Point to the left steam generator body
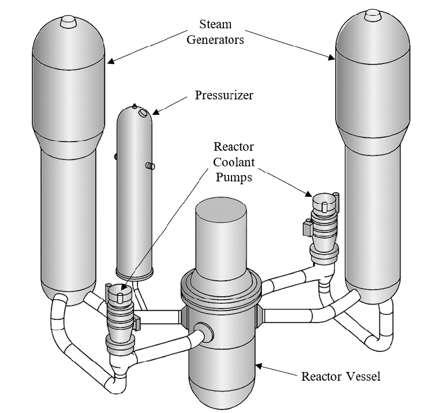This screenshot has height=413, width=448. tap(68, 173)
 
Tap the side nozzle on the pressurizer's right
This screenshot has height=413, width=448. tap(151, 166)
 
